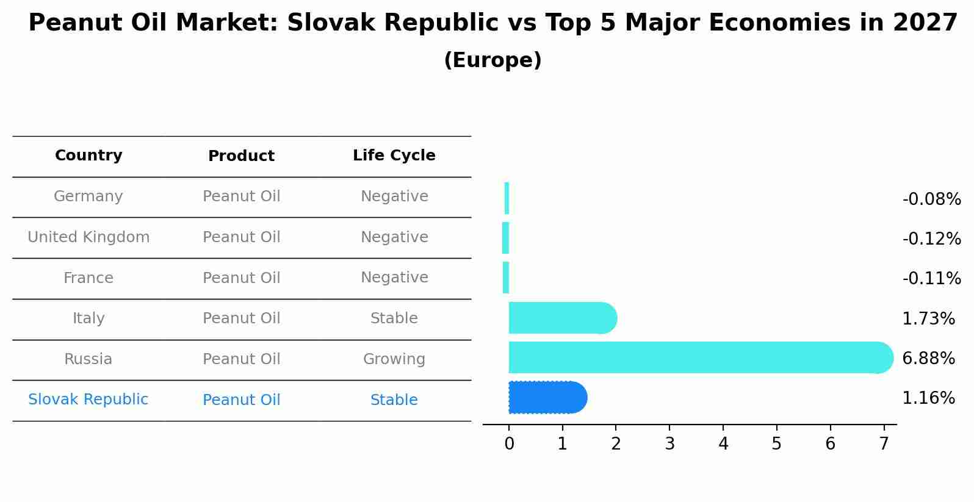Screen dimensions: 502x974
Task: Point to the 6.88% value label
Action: click(x=928, y=359)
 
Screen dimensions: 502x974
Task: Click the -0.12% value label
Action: click(x=931, y=239)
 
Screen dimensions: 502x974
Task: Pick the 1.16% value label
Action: click(x=928, y=398)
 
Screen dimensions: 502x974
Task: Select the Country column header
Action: click(x=88, y=156)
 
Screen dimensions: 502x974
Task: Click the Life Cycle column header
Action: click(x=394, y=156)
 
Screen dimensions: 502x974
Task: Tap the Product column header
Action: click(x=241, y=156)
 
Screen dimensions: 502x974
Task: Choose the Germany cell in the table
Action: click(x=88, y=196)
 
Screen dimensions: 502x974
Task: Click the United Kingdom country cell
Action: click(x=88, y=237)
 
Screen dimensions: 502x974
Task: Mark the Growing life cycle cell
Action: click(x=394, y=359)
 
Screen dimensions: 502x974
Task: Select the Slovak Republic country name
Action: click(x=88, y=400)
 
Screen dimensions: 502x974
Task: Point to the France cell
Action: click(x=88, y=278)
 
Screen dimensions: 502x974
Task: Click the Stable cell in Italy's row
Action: click(x=394, y=318)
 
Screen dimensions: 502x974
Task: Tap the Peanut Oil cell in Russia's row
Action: click(x=241, y=359)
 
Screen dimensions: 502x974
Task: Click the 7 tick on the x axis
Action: click(x=884, y=444)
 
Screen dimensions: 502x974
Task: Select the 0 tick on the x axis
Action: click(x=509, y=444)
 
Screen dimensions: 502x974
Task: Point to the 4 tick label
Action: click(x=723, y=444)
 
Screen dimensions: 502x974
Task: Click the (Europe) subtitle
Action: click(x=492, y=60)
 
